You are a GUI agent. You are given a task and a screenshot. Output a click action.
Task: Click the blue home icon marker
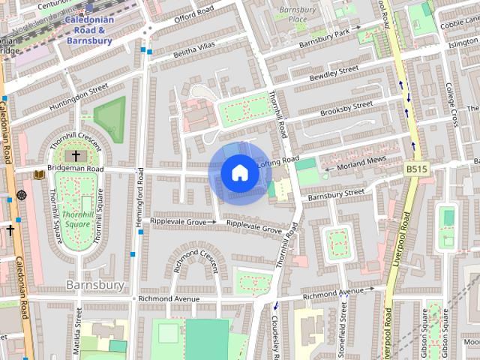(x=238, y=172)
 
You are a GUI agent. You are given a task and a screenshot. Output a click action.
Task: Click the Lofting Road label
(x=278, y=160)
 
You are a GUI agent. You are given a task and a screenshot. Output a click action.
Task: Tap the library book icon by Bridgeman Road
(x=39, y=175)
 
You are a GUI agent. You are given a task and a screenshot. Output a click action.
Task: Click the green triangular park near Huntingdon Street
(x=110, y=118)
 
